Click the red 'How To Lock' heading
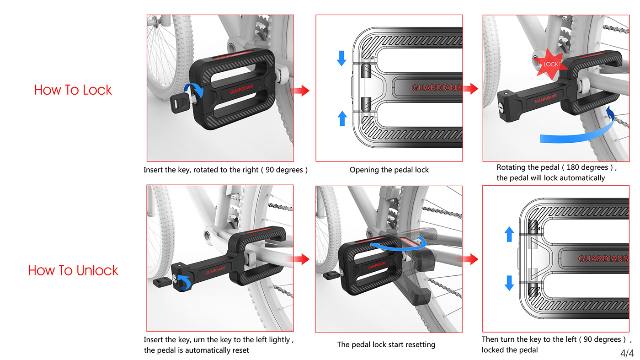pyautogui.click(x=73, y=90)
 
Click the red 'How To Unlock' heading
pyautogui.click(x=73, y=270)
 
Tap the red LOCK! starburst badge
pyautogui.click(x=551, y=64)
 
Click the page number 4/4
pyautogui.click(x=627, y=353)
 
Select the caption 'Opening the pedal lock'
pyautogui.click(x=389, y=170)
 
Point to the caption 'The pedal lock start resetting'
pyautogui.click(x=386, y=344)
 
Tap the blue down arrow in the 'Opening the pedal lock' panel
pyautogui.click(x=341, y=58)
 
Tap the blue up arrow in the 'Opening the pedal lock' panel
pyautogui.click(x=341, y=118)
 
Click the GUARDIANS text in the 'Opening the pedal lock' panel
pyautogui.click(x=437, y=88)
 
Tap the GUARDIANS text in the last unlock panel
pyautogui.click(x=603, y=259)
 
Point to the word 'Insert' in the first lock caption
pyautogui.click(x=154, y=170)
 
